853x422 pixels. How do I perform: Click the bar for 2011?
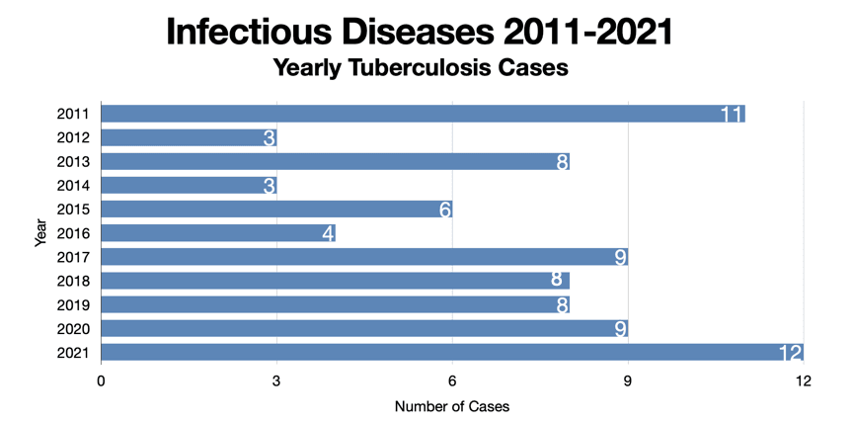pyautogui.click(x=423, y=114)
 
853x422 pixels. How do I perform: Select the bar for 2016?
pyautogui.click(x=218, y=233)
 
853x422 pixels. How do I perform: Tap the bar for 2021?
pyautogui.click(x=451, y=353)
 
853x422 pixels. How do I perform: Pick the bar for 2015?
pyautogui.click(x=276, y=210)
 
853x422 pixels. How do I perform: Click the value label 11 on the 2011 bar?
pyautogui.click(x=731, y=115)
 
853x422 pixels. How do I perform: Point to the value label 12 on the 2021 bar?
pyautogui.click(x=790, y=353)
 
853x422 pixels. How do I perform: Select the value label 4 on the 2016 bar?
pyautogui.click(x=327, y=234)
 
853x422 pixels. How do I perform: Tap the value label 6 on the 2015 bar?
pyautogui.click(x=444, y=210)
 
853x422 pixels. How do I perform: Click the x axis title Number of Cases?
pyautogui.click(x=451, y=406)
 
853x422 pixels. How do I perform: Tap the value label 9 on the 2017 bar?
pyautogui.click(x=620, y=258)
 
